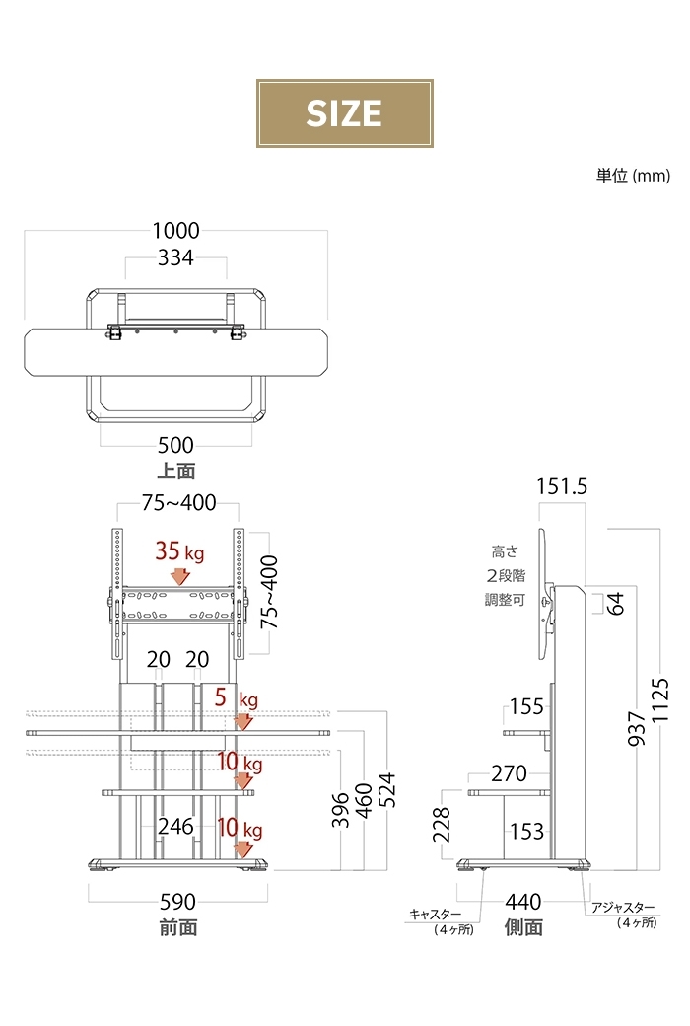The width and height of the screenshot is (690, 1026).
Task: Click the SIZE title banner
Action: click(344, 113)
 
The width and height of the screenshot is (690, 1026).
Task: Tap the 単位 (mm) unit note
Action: click(632, 175)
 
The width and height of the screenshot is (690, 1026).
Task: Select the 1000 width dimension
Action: click(175, 231)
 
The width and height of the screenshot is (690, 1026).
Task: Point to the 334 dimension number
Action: click(175, 258)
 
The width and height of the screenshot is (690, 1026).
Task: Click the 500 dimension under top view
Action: click(175, 446)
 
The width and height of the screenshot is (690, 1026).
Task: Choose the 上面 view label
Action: click(175, 471)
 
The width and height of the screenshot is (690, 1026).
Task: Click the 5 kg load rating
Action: click(236, 699)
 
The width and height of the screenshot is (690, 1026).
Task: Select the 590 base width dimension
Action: click(177, 902)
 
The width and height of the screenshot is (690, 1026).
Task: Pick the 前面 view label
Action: click(177, 927)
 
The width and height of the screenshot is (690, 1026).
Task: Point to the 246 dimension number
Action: click(176, 827)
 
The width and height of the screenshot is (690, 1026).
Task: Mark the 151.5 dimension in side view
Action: click(563, 486)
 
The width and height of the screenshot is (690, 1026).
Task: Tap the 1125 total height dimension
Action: click(661, 699)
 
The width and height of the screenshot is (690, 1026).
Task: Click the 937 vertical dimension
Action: click(637, 728)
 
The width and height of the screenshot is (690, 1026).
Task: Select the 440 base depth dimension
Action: click(523, 901)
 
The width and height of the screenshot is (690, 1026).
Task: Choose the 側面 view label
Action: click(523, 927)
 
